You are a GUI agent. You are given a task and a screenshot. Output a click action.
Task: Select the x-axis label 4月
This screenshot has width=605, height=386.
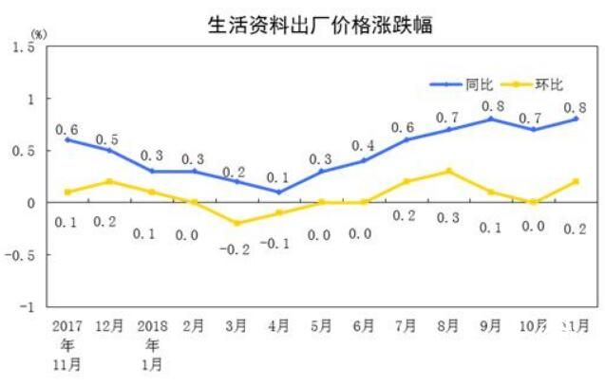tap(279, 325)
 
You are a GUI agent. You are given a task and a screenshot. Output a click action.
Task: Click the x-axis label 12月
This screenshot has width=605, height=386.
tap(109, 325)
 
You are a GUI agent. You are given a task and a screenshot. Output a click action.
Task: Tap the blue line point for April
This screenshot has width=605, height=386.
tap(279, 192)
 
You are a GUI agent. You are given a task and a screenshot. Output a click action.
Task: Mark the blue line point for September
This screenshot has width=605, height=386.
tap(490, 119)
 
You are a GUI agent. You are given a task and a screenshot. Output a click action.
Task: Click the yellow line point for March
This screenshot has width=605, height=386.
tap(236, 223)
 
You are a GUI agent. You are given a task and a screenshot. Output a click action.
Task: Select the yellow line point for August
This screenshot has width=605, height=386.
tap(448, 171)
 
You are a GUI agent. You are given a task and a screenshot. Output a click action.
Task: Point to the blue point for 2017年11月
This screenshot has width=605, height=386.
tap(66, 139)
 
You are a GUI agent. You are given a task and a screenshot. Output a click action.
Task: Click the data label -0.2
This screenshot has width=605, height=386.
tap(234, 249)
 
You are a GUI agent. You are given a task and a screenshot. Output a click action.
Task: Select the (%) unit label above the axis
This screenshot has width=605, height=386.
tap(39, 34)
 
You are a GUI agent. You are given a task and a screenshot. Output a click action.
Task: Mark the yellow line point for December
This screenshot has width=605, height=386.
tap(109, 181)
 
